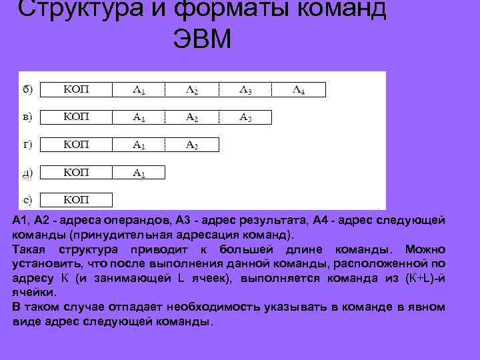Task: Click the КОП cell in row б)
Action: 76,89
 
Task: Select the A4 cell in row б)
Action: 299,89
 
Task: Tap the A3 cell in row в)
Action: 245,117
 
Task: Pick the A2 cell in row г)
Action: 192,145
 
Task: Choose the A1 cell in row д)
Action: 139,173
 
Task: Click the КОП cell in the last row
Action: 76,199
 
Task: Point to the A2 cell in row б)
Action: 192,89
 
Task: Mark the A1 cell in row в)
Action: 139,117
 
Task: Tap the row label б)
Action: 29,89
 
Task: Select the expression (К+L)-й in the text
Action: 425,278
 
